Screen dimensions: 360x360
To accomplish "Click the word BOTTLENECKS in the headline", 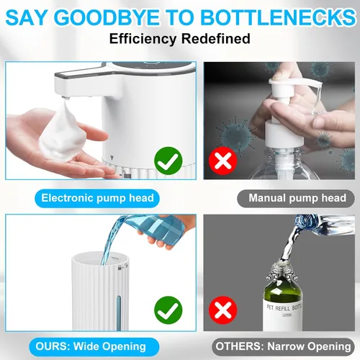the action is [x=278, y=17].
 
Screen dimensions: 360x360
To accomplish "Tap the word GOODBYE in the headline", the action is [x=108, y=17].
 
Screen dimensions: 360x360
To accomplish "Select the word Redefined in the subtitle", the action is [x=215, y=39].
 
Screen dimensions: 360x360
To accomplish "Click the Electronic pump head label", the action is [x=97, y=198].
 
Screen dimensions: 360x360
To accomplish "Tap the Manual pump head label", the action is [x=296, y=198].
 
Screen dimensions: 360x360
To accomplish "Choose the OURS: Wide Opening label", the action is [x=94, y=346].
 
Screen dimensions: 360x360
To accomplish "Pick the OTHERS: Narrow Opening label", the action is [x=283, y=346].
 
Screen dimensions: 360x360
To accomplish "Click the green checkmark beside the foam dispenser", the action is [x=168, y=161].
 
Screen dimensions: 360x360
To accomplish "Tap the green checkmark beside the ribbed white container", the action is [x=168, y=310].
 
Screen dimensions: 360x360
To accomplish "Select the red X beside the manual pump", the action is [x=223, y=161].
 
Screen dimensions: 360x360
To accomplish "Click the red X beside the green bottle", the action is [x=223, y=310].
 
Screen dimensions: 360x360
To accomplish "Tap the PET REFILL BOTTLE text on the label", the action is [x=284, y=307].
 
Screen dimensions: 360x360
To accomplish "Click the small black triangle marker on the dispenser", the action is [x=112, y=158].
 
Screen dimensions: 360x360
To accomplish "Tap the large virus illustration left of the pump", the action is [x=235, y=135].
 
